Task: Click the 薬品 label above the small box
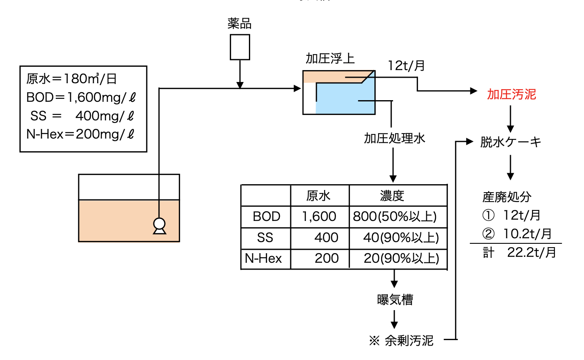pyautogui.click(x=240, y=24)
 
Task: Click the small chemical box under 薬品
pyautogui.click(x=240, y=46)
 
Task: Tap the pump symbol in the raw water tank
pyautogui.click(x=159, y=226)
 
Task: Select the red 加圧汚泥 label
pyautogui.click(x=511, y=94)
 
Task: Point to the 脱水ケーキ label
pyautogui.click(x=510, y=142)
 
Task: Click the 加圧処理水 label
pyautogui.click(x=394, y=139)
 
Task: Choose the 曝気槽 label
pyautogui.click(x=394, y=299)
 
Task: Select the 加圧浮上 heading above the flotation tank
pyautogui.click(x=330, y=59)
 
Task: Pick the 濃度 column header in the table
pyautogui.click(x=392, y=196)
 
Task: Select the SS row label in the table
pyautogui.click(x=265, y=237)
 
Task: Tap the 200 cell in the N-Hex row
pyautogui.click(x=326, y=258)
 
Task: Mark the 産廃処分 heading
pyautogui.click(x=507, y=196)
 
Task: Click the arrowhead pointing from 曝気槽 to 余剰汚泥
pyautogui.click(x=394, y=325)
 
